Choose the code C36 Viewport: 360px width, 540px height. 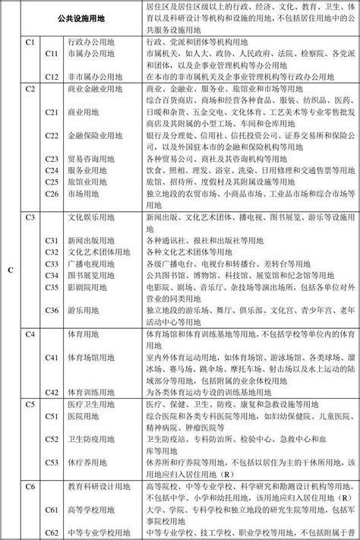[x=52, y=309]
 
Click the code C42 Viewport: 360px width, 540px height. [x=52, y=393]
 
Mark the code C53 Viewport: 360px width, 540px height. [x=52, y=462]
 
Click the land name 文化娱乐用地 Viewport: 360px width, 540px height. [x=92, y=217]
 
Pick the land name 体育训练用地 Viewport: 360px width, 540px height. [x=92, y=393]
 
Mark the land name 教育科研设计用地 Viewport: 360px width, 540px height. [x=97, y=485]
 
